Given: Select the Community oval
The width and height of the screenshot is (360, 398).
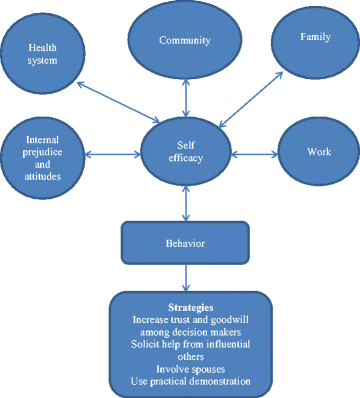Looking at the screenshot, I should click(x=183, y=42).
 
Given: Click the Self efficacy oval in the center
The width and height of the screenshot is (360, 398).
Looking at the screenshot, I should click(x=185, y=152).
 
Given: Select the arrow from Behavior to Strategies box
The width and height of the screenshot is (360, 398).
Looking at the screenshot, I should click(x=184, y=276).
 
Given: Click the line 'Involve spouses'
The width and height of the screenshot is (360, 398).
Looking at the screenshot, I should click(x=182, y=367).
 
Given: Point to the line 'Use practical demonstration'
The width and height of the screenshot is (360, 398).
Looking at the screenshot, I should click(x=182, y=380).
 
